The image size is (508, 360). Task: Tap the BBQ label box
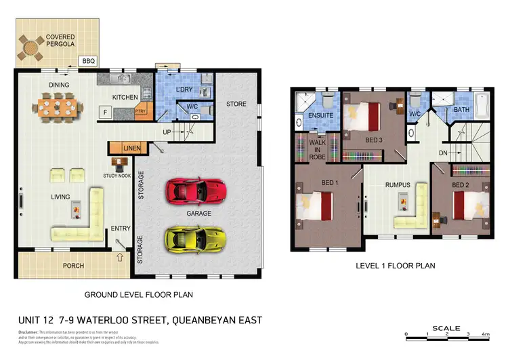pos(89,61)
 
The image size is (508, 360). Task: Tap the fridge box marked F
pos(106,112)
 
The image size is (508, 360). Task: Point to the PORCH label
pos(73,265)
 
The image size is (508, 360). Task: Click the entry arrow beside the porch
pos(121,257)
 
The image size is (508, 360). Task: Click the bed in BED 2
pos(467,203)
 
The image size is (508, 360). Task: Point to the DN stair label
pos(443,153)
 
